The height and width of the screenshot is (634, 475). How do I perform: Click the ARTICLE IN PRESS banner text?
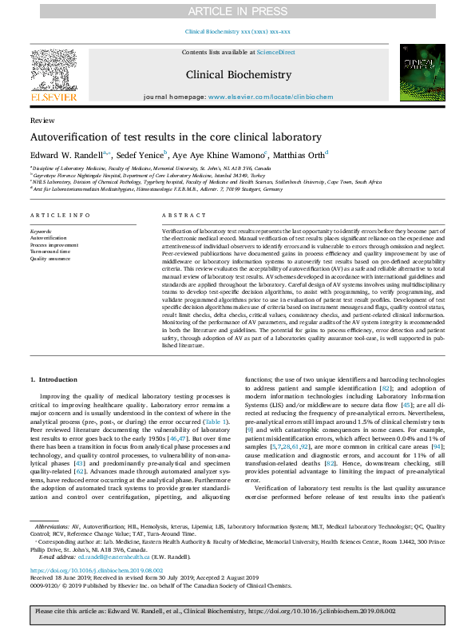coord(237,11)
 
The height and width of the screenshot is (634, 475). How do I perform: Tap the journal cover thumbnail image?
coord(422,73)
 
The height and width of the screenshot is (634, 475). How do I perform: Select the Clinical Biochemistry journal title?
coord(238,74)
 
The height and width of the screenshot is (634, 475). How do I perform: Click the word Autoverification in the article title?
coord(68,137)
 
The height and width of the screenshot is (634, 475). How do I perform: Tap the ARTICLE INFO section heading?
coord(60,216)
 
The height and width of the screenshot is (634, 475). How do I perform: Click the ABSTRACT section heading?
coord(179,216)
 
